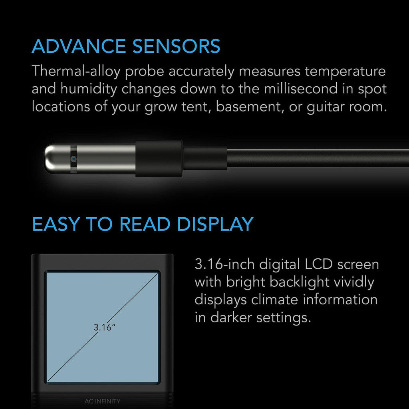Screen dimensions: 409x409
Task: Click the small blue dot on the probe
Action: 73,159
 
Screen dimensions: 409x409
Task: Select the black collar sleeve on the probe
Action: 159,159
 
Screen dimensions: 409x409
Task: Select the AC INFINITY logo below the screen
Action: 103,401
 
